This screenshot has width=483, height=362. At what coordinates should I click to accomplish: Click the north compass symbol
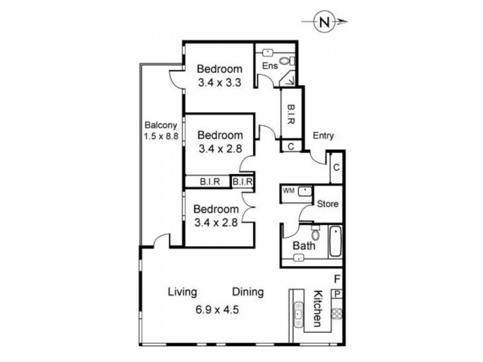(325, 23)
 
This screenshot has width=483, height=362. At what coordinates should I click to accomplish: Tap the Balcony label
(160, 125)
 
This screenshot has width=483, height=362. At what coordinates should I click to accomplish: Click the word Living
(182, 293)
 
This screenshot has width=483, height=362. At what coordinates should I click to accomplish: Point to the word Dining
(248, 293)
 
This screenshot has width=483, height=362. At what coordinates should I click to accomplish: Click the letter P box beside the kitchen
(337, 294)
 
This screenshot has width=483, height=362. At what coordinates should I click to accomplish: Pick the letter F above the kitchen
(337, 279)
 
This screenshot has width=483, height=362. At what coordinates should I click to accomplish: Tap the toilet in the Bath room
(315, 232)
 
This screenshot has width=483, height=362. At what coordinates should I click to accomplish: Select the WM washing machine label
(289, 191)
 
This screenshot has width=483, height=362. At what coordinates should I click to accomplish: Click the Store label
(328, 204)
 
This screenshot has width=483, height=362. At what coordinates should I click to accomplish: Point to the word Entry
(324, 136)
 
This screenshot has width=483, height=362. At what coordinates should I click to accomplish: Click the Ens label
(269, 66)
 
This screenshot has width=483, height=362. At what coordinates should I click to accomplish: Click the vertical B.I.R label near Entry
(290, 114)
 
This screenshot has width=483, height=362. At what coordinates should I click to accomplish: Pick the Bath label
(304, 246)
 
